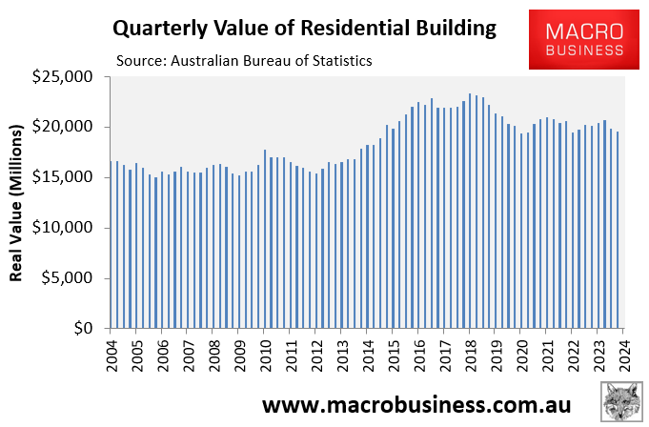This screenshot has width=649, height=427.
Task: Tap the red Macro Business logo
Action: pos(584,39)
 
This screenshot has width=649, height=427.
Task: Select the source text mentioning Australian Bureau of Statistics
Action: pos(244,60)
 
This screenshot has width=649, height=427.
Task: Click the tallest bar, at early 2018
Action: pos(470,211)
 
